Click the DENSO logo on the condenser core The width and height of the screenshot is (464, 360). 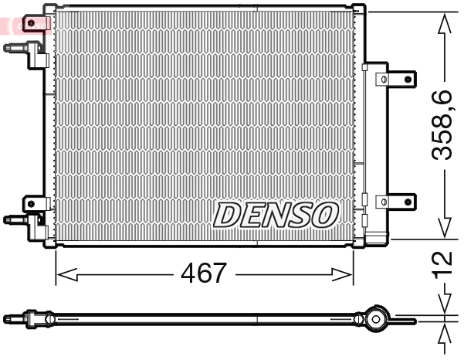(276, 215)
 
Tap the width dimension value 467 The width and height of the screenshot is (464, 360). (204, 273)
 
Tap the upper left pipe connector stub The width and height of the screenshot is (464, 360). (15, 48)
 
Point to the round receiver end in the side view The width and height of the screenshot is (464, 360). (376, 318)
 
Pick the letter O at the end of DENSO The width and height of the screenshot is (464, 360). (324, 215)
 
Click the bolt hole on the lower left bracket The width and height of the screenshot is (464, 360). (34, 202)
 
